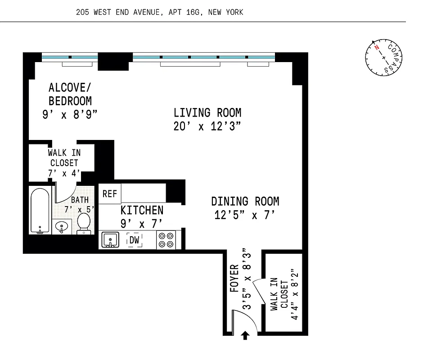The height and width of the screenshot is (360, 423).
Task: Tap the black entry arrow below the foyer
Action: (x=246, y=336)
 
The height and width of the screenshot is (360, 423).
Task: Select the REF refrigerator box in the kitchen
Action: (x=109, y=194)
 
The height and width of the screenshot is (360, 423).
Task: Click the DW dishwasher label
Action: (x=135, y=240)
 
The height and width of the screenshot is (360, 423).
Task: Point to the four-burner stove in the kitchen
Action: (x=166, y=240)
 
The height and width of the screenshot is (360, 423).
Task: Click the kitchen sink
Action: (x=109, y=240)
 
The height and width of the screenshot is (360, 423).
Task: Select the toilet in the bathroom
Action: (x=84, y=223)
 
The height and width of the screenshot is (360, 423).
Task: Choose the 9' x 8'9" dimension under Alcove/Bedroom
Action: (x=70, y=115)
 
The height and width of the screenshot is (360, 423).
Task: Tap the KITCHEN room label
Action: (x=142, y=210)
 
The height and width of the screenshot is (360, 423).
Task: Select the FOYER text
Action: (x=234, y=279)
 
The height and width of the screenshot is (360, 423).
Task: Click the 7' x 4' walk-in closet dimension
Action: (x=64, y=173)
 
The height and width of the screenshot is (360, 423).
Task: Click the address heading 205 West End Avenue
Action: (x=160, y=12)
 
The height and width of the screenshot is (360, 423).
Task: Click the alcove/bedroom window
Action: (x=70, y=57)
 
